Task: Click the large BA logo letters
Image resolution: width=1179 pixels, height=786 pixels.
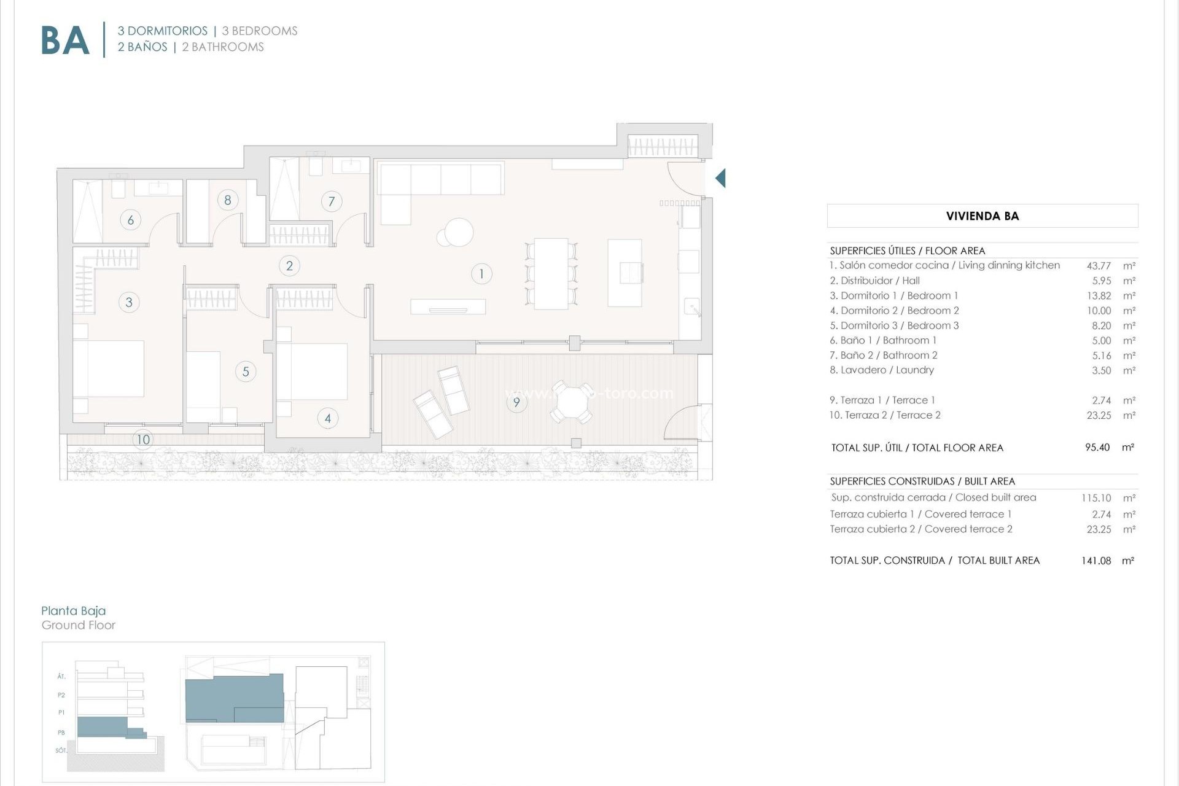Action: tap(65, 41)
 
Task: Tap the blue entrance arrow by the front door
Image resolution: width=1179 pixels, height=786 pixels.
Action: tap(720, 178)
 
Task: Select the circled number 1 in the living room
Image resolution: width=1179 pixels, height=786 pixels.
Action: tap(481, 274)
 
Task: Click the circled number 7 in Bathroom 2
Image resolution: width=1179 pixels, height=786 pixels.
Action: tap(332, 201)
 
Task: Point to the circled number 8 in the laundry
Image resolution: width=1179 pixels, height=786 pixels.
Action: tap(228, 200)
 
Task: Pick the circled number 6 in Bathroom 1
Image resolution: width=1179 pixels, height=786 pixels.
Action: tap(130, 220)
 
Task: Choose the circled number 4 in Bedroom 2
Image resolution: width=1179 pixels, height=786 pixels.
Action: tap(328, 419)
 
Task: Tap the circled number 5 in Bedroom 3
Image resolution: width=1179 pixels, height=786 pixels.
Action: tap(246, 372)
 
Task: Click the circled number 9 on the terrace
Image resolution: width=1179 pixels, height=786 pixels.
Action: tap(516, 402)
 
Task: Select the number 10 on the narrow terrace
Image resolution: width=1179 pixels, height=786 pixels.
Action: tap(143, 440)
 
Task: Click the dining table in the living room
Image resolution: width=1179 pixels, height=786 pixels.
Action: tap(551, 274)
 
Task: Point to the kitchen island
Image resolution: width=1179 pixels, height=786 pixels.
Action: tap(625, 273)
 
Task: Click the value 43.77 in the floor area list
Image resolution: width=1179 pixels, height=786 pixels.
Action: tap(1099, 266)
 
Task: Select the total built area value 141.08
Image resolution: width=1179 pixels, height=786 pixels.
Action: tap(1096, 561)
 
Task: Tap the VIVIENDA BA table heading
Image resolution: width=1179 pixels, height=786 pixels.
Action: tap(982, 216)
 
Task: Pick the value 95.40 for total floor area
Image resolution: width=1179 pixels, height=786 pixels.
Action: tap(1097, 448)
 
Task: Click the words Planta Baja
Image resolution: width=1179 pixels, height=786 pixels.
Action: tap(74, 610)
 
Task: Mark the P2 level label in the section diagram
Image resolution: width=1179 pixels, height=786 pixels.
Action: tap(61, 695)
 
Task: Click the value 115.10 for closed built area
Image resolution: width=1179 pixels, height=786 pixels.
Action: tap(1096, 498)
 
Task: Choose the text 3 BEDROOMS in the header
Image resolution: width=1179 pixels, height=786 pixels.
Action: tap(260, 31)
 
